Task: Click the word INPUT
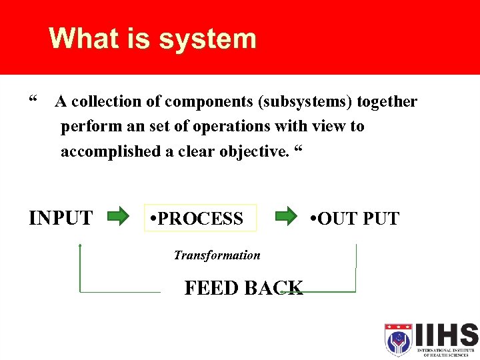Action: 61,218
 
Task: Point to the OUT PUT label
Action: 355,218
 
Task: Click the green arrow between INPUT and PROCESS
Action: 119,216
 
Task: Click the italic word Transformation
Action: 217,255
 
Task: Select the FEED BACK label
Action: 243,288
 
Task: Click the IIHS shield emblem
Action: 398,339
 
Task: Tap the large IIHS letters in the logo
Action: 446,335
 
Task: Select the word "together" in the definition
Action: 387,102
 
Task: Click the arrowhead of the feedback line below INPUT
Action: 80,247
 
